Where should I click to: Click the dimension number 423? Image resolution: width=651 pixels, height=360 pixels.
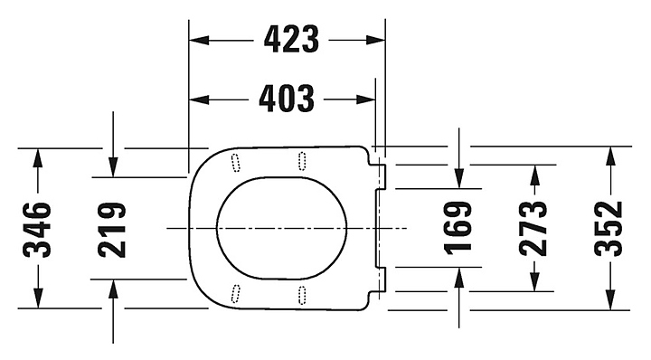click(291, 40)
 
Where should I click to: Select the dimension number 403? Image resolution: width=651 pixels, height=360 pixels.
click(287, 99)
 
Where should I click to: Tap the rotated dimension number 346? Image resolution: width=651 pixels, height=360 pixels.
click(37, 229)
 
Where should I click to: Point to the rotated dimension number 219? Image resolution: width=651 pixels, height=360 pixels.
click(112, 230)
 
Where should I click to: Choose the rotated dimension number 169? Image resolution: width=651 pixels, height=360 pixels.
click(458, 228)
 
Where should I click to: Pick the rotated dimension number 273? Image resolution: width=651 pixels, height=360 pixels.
click(533, 228)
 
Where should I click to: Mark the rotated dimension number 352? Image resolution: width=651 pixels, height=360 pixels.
click(609, 228)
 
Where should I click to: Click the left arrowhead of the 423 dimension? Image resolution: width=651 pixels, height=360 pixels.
click(199, 41)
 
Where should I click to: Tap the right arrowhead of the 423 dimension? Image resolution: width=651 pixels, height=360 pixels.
click(375, 41)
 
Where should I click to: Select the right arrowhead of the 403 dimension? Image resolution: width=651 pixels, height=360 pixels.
click(366, 99)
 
